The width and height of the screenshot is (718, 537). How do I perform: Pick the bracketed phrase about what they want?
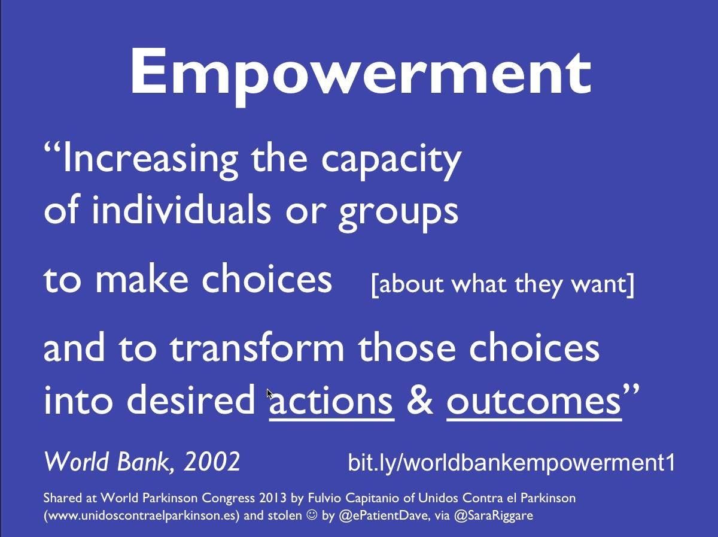click(503, 284)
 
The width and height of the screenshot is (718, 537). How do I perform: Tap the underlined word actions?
click(331, 401)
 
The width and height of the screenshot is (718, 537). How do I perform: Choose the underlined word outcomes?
click(534, 401)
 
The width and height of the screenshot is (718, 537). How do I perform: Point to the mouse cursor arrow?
click(269, 395)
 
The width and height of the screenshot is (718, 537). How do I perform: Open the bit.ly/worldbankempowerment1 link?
click(511, 462)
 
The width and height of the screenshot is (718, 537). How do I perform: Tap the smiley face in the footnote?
click(312, 515)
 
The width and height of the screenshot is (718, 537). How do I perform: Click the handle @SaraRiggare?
click(494, 515)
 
